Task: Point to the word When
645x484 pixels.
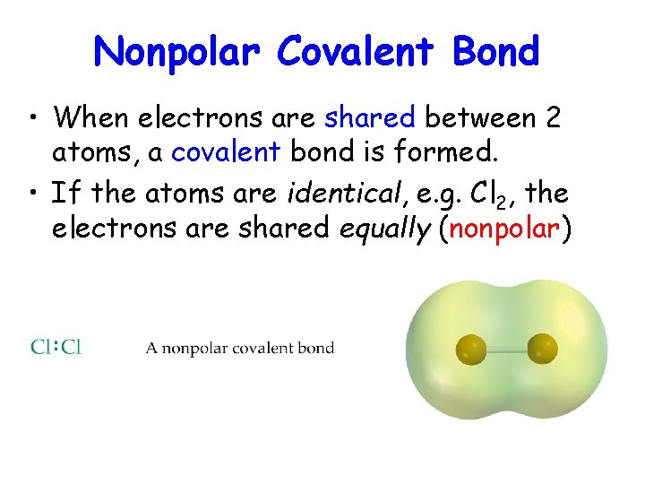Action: click(92, 117)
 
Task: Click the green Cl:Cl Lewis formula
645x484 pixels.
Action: click(56, 347)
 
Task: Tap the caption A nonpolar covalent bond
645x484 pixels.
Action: click(240, 348)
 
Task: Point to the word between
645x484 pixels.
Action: click(478, 117)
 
